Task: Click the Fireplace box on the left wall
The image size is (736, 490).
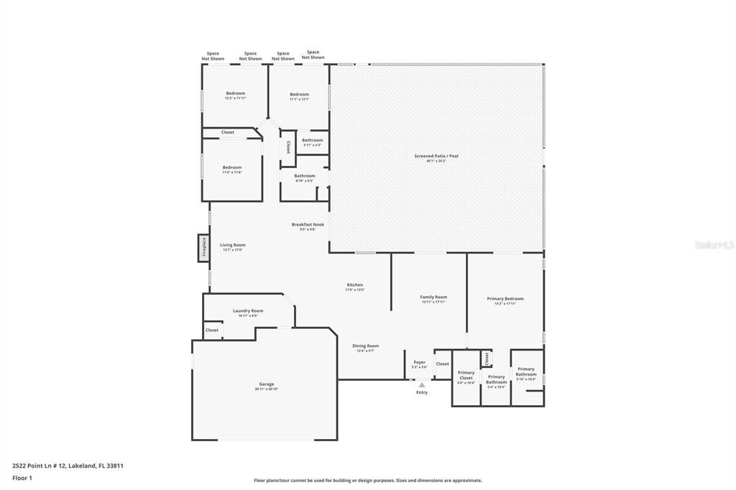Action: tap(203, 248)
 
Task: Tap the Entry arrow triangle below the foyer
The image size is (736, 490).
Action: tap(422, 385)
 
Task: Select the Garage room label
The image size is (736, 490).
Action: tap(266, 384)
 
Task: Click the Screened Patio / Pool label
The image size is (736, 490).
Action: tap(436, 156)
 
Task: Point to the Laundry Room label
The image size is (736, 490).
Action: tap(248, 311)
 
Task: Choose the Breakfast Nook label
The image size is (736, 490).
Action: tap(308, 224)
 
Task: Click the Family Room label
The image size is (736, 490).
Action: tap(433, 297)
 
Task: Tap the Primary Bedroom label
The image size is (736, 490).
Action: tap(505, 299)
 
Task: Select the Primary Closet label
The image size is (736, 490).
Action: tap(466, 375)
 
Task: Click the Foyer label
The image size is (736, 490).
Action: tap(419, 362)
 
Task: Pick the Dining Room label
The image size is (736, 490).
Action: tap(367, 346)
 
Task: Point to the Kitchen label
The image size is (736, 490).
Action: tap(355, 285)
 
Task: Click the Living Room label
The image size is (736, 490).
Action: tap(232, 245)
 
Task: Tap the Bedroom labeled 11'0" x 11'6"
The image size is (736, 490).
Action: tap(231, 167)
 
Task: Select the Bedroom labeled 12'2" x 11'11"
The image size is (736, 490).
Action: tap(235, 93)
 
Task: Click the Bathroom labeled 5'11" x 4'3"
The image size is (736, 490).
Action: tap(312, 140)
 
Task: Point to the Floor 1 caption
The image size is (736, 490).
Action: tap(23, 478)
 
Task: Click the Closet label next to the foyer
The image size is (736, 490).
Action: tap(442, 364)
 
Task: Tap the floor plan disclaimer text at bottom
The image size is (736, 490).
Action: tap(367, 481)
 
